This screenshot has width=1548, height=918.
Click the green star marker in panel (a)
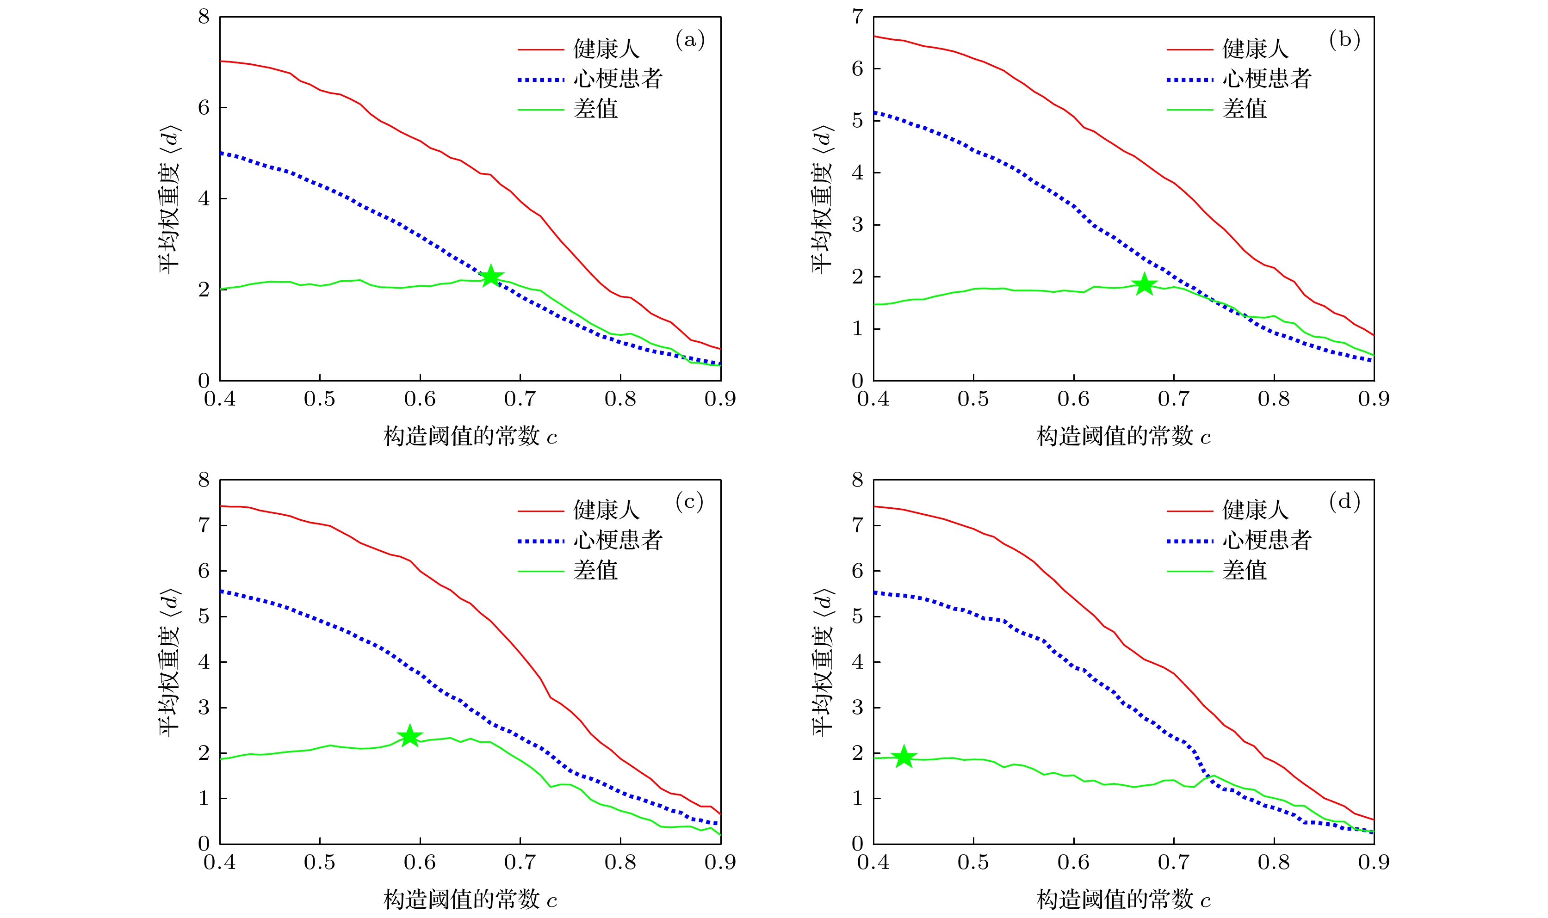click(x=491, y=276)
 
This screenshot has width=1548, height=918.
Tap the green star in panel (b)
click(x=1145, y=284)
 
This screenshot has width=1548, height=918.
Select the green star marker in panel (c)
click(x=409, y=736)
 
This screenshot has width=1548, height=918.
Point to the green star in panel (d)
click(x=904, y=756)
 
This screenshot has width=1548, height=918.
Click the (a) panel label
click(x=690, y=40)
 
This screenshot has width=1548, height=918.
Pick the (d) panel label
click(x=1344, y=501)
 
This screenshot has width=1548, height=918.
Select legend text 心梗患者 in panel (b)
click(x=1267, y=79)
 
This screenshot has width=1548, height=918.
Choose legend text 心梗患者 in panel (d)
click(x=1267, y=540)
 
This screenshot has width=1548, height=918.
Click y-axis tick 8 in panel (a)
click(x=204, y=17)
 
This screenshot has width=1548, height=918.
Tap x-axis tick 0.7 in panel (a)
click(x=520, y=399)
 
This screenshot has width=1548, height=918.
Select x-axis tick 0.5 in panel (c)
click(x=319, y=862)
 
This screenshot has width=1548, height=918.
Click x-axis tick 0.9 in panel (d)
click(x=1374, y=862)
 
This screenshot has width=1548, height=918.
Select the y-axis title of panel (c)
click(x=169, y=662)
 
